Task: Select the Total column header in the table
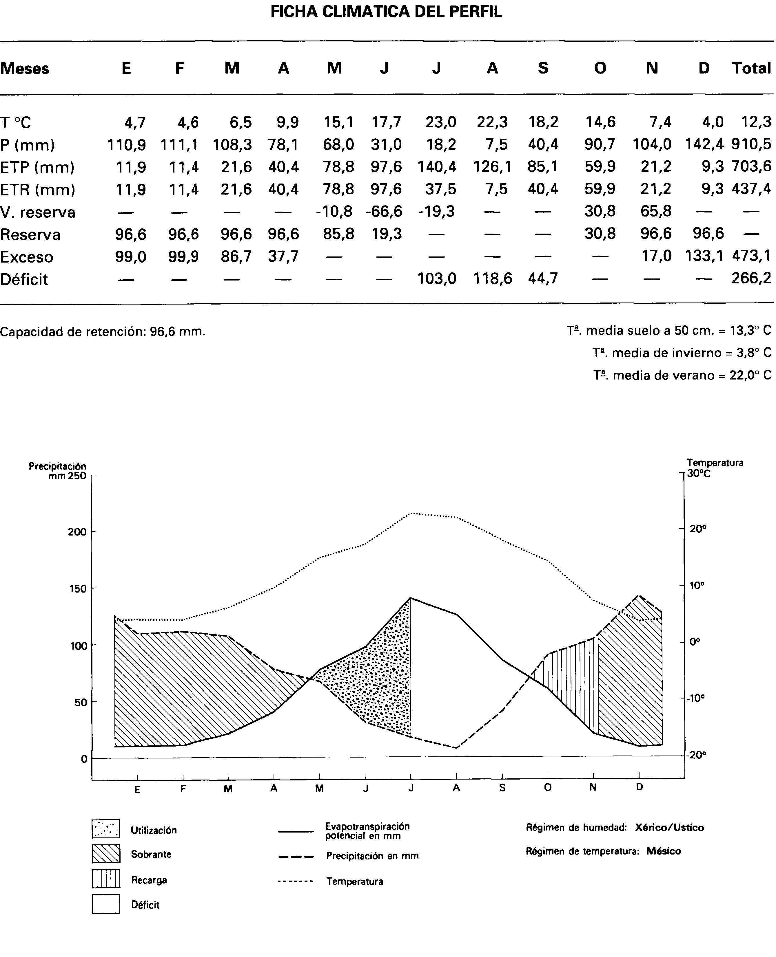point(751,68)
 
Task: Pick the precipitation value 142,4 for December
point(704,144)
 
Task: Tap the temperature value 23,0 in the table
point(441,122)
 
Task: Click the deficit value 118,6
point(492,279)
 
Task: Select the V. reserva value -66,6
point(384,211)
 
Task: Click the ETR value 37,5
point(441,189)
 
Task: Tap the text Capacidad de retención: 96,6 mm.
point(103,331)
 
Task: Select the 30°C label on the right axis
point(698,473)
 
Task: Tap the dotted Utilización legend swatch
point(106,829)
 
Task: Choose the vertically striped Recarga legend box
point(106,879)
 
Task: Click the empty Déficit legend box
point(106,904)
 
